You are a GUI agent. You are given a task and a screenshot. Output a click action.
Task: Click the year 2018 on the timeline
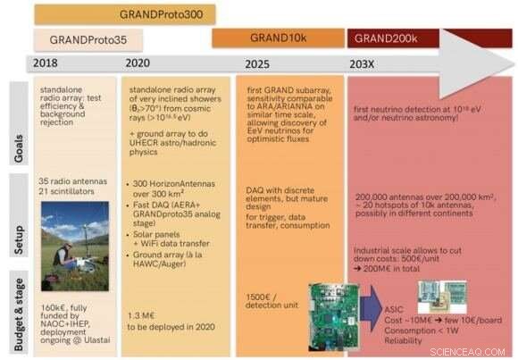pyautogui.click(x=46, y=63)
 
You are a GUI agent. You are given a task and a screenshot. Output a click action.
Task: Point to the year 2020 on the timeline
pyautogui.click(x=138, y=63)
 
